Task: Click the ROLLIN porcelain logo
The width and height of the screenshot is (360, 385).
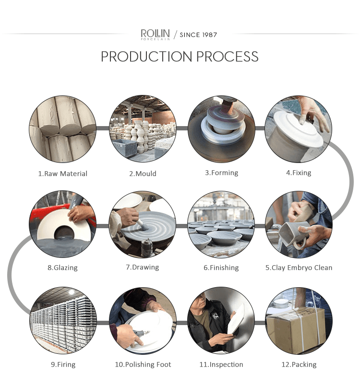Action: (155, 35)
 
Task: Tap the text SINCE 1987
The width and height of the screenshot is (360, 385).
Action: (198, 35)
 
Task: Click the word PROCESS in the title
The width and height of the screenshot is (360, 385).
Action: (228, 56)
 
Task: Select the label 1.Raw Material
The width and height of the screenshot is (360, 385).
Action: (63, 174)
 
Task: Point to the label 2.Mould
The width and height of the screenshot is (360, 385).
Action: (143, 174)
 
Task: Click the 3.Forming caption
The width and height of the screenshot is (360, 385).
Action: (222, 173)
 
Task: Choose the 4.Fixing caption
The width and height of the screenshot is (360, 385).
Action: (299, 173)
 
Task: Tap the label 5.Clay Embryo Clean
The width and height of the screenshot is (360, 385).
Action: (299, 268)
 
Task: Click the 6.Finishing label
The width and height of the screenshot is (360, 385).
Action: (221, 268)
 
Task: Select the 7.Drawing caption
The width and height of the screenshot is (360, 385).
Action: (143, 267)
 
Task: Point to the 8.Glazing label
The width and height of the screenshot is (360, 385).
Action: (63, 268)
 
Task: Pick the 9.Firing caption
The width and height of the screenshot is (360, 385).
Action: (63, 364)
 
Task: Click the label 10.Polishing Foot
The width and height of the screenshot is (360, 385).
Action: (143, 364)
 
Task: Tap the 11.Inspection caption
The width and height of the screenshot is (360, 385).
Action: (221, 364)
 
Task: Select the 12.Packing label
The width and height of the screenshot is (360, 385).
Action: (299, 364)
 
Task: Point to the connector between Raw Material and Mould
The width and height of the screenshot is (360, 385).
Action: (102, 128)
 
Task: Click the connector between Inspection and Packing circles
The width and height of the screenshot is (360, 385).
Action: (260, 322)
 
